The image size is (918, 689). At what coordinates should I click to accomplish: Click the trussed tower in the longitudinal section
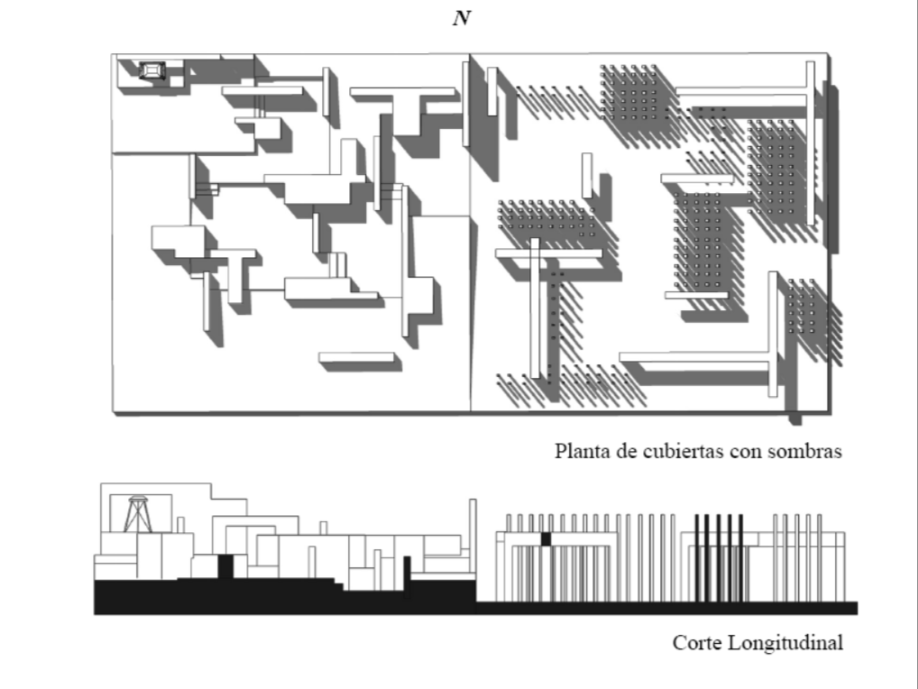point(139,515)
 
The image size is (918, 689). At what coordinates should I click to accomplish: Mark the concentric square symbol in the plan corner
point(151,70)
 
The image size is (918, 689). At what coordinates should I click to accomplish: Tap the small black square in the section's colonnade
point(545,538)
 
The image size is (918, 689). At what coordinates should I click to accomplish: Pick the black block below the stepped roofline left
point(225,566)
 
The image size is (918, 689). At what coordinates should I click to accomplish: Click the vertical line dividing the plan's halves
point(471,271)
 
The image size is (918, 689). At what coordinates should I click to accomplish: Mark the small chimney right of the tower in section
point(180,524)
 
